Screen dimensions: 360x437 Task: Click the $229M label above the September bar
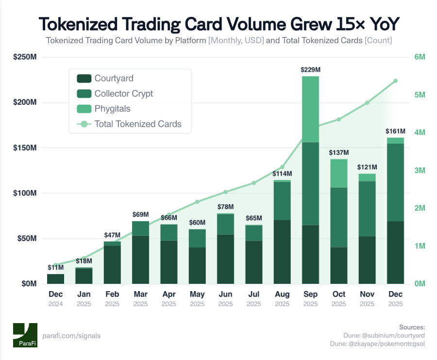click(x=310, y=70)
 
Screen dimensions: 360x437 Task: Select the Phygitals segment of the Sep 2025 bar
click(x=310, y=109)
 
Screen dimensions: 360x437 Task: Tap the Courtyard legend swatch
click(x=84, y=79)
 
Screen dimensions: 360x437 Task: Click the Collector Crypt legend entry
click(x=123, y=94)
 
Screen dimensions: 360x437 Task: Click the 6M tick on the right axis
click(x=420, y=57)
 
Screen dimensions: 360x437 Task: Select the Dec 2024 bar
click(x=55, y=278)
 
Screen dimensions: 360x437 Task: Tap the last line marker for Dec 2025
click(x=395, y=81)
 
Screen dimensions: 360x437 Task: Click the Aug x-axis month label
click(x=282, y=294)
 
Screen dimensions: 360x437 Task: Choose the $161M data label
click(x=395, y=131)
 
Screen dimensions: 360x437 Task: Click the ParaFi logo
click(x=25, y=335)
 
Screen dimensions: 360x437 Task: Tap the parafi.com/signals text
click(x=71, y=336)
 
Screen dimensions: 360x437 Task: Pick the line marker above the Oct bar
click(x=339, y=119)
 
